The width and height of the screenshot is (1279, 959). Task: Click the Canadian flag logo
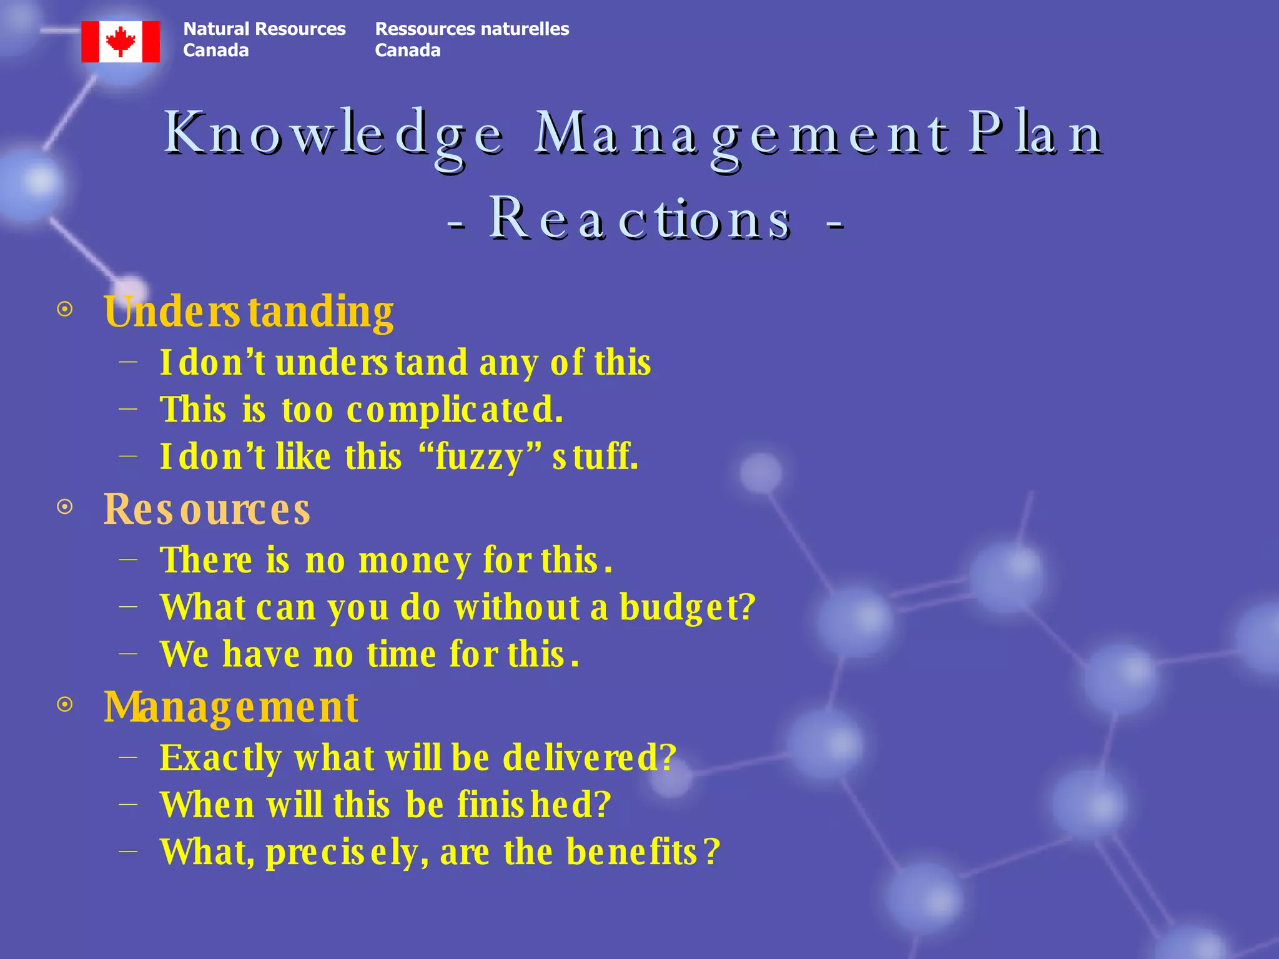pyautogui.click(x=121, y=42)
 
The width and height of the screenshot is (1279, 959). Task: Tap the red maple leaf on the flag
pyautogui.click(x=121, y=41)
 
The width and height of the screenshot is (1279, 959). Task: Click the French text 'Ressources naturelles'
pyautogui.click(x=472, y=29)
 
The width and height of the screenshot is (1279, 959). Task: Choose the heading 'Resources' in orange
pyautogui.click(x=207, y=509)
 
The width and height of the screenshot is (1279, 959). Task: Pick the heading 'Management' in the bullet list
pyautogui.click(x=231, y=707)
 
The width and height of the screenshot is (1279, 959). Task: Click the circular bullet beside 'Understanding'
pyautogui.click(x=65, y=309)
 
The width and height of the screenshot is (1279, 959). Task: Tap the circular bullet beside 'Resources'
pyautogui.click(x=65, y=506)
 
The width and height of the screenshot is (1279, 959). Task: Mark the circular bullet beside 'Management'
pyautogui.click(x=65, y=705)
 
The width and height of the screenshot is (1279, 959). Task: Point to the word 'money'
pyautogui.click(x=415, y=560)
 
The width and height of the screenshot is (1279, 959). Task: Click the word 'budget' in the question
pyautogui.click(x=687, y=607)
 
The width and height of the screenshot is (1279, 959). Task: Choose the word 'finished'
pyautogui.click(x=534, y=805)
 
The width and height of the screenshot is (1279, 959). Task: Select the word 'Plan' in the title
pyautogui.click(x=1035, y=134)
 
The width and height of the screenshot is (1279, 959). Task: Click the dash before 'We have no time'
pyautogui.click(x=128, y=654)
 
